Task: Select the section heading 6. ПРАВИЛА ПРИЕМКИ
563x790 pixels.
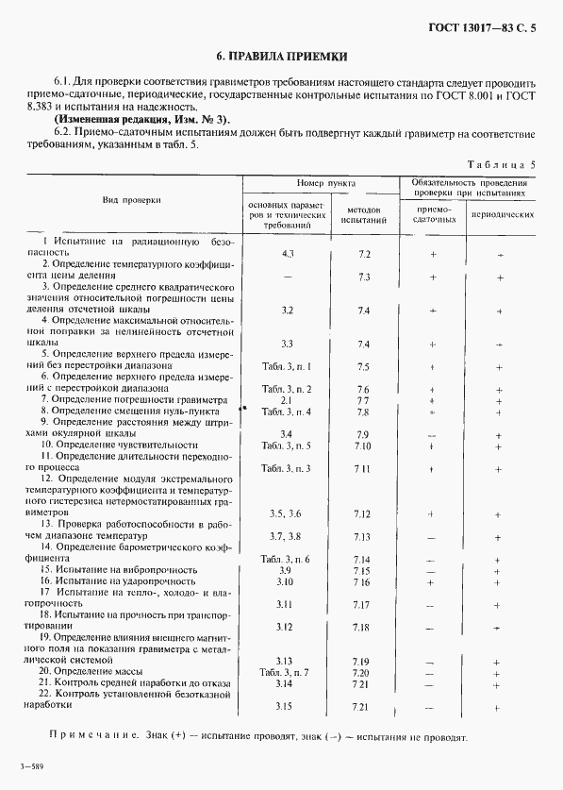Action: (x=281, y=57)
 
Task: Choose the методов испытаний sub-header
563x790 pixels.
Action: (x=363, y=214)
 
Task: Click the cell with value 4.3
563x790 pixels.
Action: (x=288, y=254)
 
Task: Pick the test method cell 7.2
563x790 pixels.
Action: (x=364, y=254)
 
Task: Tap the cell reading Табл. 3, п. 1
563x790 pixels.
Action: (x=286, y=365)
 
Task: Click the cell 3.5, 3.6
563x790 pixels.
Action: (x=286, y=513)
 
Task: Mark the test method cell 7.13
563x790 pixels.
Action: (x=362, y=536)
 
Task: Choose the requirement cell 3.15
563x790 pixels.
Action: (x=286, y=706)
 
